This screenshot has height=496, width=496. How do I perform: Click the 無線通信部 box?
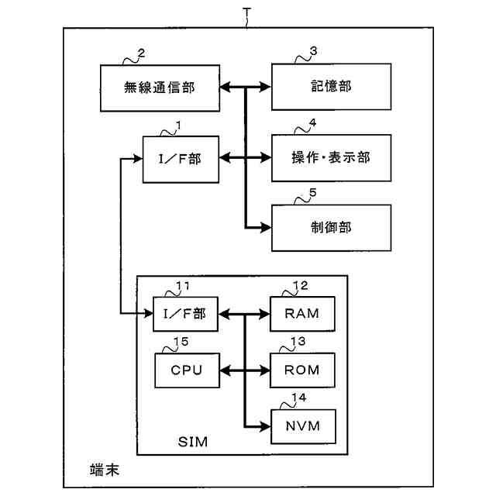(x=160, y=88)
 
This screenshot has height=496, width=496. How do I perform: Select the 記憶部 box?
(x=331, y=87)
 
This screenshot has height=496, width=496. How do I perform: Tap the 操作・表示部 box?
(x=331, y=158)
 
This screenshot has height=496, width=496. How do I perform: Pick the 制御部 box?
(x=331, y=228)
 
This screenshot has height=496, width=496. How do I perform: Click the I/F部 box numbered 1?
(x=181, y=160)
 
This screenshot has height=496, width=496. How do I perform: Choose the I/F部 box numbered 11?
(x=185, y=314)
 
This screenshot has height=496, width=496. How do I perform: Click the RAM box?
(x=302, y=314)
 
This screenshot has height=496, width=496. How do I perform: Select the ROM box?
(x=302, y=370)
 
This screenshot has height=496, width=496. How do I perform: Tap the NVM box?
(x=303, y=426)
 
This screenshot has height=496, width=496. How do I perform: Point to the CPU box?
(x=187, y=370)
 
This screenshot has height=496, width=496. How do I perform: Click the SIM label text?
(x=193, y=442)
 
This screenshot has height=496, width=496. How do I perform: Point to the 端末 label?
(x=105, y=470)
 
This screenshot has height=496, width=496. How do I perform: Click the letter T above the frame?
(x=246, y=12)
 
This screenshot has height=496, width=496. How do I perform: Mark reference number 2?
(x=141, y=53)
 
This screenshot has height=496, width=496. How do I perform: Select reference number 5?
(x=312, y=192)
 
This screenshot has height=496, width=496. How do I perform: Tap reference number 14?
(x=299, y=398)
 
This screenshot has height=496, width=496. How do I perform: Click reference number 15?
(x=181, y=342)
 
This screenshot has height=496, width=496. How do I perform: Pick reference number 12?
(x=301, y=286)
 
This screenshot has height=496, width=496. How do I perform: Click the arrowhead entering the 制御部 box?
(x=266, y=227)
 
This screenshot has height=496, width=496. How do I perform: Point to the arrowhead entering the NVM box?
(x=265, y=427)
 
